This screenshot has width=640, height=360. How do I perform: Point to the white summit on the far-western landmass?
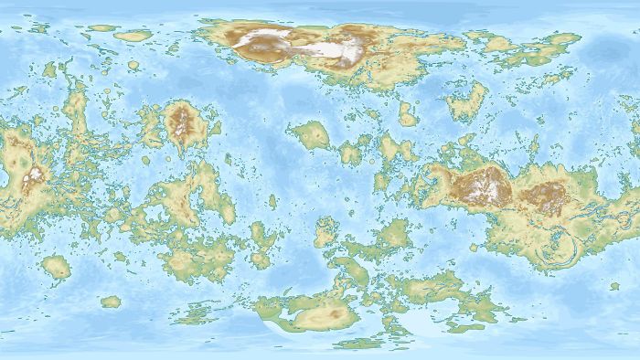(35, 175)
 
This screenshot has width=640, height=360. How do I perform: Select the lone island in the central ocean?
(312, 136)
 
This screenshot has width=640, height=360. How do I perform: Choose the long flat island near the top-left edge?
(133, 36)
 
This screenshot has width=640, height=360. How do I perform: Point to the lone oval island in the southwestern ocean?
(57, 267)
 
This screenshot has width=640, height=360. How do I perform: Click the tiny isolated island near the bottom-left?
(111, 301)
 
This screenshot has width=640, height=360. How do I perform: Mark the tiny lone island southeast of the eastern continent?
(614, 287)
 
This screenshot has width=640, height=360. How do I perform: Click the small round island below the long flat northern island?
(133, 66)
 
